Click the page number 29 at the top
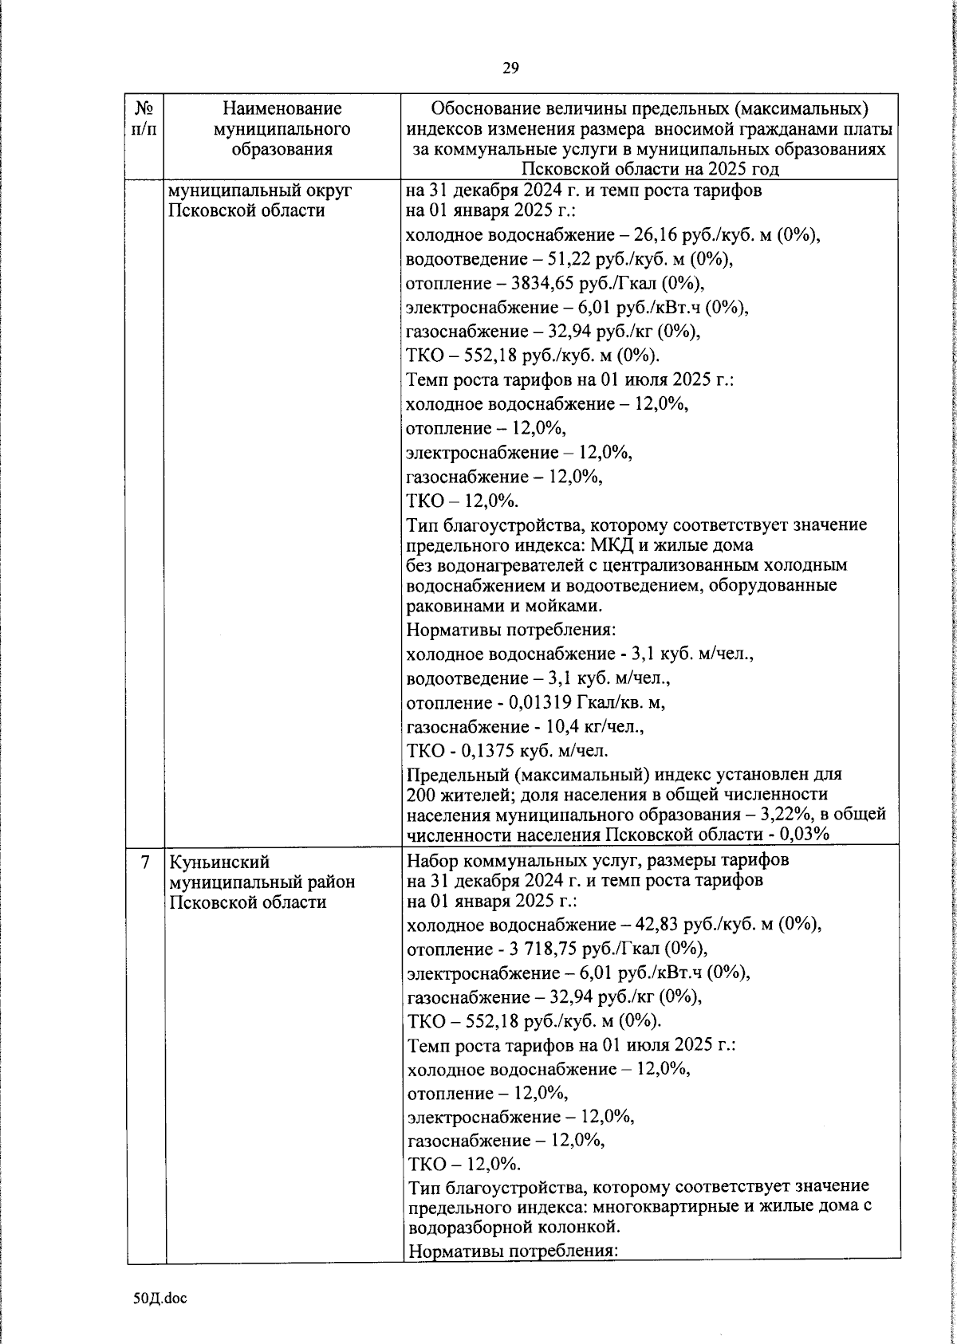pyautogui.click(x=510, y=69)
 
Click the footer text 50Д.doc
pyautogui.click(x=159, y=1299)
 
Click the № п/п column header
pyautogui.click(x=144, y=118)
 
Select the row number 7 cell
pyautogui.click(x=144, y=863)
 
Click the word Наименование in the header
pyautogui.click(x=282, y=108)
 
